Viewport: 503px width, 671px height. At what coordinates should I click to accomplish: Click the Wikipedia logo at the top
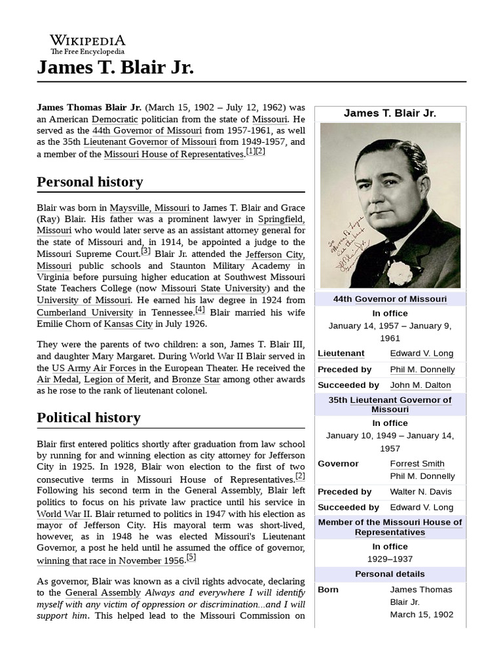(x=88, y=44)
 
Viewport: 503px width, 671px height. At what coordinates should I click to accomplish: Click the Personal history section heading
(x=90, y=182)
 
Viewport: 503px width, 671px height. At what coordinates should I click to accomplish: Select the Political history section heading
(x=88, y=417)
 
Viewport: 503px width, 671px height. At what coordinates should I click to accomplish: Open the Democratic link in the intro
(x=115, y=119)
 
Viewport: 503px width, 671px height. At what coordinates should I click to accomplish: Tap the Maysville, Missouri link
(x=150, y=208)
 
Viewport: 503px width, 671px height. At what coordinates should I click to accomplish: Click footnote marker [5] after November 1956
(x=191, y=558)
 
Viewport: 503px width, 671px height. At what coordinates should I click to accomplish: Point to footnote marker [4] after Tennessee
(x=200, y=310)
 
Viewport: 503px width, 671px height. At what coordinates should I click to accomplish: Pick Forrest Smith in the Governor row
(x=417, y=463)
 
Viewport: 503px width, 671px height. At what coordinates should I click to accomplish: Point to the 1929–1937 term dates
(x=390, y=559)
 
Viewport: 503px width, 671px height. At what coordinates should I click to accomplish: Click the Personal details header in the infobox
(x=390, y=574)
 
